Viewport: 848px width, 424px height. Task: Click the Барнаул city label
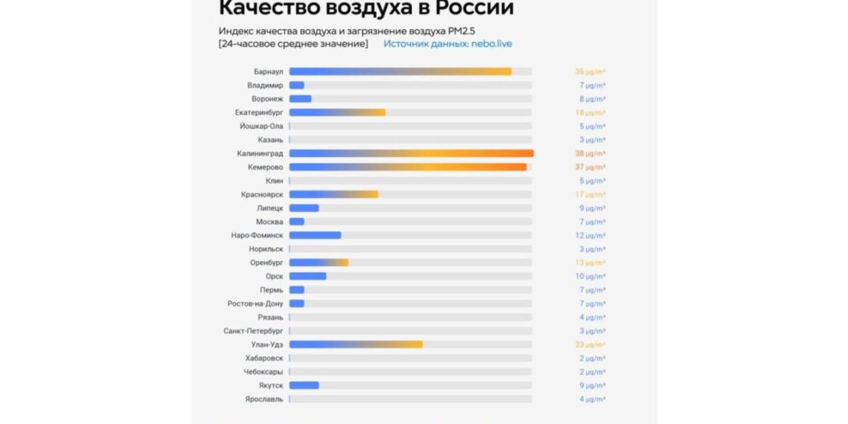pos(268,71)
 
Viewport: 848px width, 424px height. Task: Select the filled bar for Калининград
pos(411,153)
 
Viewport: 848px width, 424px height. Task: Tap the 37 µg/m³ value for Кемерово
pos(590,167)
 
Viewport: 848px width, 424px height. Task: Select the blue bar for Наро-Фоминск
pos(315,235)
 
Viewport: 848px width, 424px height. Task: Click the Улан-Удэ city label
pos(266,344)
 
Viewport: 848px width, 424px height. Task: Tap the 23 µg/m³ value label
pos(590,344)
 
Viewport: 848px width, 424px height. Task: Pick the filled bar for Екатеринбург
pos(337,112)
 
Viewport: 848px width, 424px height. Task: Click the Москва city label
pos(269,222)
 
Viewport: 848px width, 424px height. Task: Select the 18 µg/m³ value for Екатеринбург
pos(590,112)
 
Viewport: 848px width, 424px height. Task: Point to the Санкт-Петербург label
pos(253,331)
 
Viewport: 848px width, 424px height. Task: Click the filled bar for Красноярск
pos(333,194)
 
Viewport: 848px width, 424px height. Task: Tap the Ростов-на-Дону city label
pos(255,303)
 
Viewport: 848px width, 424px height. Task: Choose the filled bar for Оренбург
pos(318,263)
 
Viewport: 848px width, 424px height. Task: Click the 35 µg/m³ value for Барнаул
pos(590,71)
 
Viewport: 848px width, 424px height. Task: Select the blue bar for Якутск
pos(303,385)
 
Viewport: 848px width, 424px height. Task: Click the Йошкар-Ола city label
pos(261,126)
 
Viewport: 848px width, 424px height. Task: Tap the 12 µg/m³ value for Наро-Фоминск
pos(590,235)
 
